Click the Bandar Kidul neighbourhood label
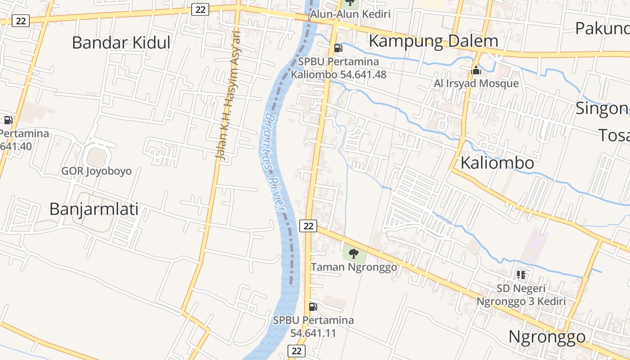121,43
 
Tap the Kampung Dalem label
433,41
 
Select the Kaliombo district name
497,163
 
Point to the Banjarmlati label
94,209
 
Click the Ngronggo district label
547,337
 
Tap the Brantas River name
275,162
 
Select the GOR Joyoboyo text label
96,171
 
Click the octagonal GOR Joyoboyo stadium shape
96,157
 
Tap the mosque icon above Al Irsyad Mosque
476,70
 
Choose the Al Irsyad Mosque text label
476,84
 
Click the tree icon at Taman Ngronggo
354,254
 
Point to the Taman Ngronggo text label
354,267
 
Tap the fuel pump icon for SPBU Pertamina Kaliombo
338,48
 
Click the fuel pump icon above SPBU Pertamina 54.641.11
313,307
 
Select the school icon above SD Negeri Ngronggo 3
521,274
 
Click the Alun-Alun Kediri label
350,14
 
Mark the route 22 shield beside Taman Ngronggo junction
308,226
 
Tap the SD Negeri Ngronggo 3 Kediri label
521,295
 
